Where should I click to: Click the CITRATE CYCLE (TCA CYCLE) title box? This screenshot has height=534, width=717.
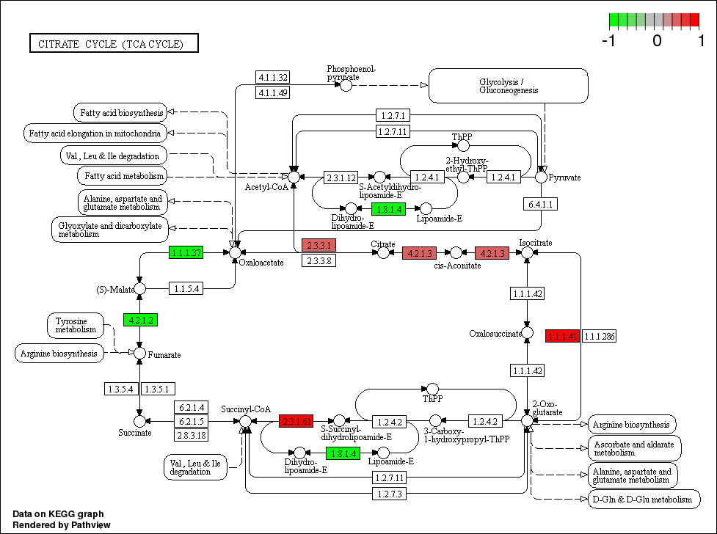pos(114,44)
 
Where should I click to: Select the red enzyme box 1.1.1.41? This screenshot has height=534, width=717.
pos(563,337)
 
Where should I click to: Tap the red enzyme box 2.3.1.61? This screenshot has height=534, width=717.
pos(296,421)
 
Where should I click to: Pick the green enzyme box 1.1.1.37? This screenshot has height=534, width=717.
pos(186,252)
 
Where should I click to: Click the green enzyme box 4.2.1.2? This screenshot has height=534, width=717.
pos(140,320)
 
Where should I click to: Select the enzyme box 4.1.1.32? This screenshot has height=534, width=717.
pos(272,78)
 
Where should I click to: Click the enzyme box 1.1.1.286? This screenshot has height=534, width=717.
pos(599,337)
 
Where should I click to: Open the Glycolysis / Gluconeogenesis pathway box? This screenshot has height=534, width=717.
pos(509,86)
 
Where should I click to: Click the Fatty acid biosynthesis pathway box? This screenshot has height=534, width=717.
pos(119,112)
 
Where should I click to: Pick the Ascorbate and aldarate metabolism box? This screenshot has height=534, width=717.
pos(634,448)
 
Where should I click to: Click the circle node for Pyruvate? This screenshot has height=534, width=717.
pos(541,177)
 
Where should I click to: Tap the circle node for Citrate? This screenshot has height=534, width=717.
pos(382,252)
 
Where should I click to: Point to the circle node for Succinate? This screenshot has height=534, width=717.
pos(139,421)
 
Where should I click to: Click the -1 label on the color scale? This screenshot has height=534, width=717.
pos(608,41)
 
